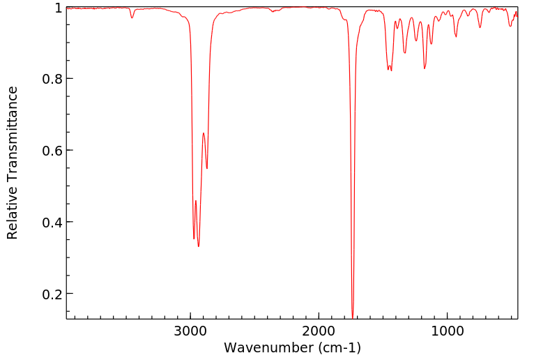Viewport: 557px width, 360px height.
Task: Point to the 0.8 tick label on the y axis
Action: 51,79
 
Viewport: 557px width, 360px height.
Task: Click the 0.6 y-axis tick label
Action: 51,151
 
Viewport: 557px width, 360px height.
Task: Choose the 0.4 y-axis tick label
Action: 51,223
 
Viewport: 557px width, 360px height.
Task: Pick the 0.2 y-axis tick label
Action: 51,294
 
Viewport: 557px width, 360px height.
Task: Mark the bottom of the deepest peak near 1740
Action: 353,317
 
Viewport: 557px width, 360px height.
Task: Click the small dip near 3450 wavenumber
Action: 132,17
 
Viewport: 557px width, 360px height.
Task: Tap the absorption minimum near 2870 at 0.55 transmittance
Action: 207,168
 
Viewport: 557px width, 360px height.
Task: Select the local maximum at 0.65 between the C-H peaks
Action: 204,133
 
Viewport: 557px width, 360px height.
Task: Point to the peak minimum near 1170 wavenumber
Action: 425,68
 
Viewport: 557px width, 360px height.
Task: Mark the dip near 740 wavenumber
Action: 480,27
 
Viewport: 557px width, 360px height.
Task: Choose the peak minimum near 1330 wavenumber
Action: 404,53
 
